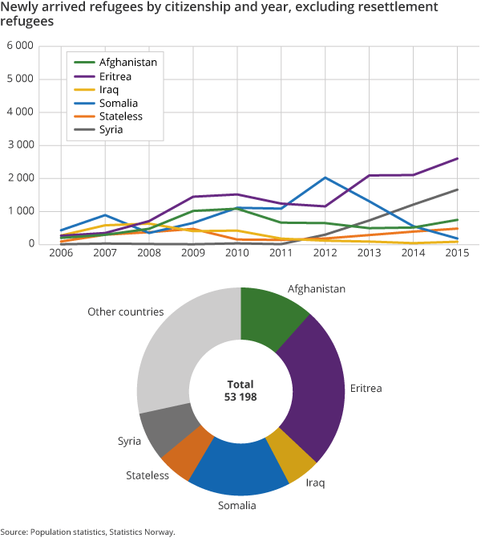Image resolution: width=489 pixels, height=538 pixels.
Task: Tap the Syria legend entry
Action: pyautogui.click(x=112, y=129)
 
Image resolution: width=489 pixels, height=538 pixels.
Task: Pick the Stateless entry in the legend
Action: pyautogui.click(x=120, y=116)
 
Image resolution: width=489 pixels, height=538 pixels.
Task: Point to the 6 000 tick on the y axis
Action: pyautogui.click(x=19, y=47)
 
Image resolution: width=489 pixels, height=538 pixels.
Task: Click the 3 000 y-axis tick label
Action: pyautogui.click(x=19, y=145)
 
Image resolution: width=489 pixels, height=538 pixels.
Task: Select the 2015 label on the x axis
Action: pyautogui.click(x=458, y=255)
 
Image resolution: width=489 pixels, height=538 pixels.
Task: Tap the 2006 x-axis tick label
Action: pyautogui.click(x=61, y=255)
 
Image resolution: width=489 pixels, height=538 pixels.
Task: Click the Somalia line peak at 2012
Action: pyautogui.click(x=325, y=177)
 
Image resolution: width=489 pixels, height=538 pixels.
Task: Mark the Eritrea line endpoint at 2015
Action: pyautogui.click(x=457, y=158)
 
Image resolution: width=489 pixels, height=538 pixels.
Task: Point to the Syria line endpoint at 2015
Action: pyautogui.click(x=457, y=190)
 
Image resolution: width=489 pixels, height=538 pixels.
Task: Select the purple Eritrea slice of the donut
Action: pyautogui.click(x=315, y=385)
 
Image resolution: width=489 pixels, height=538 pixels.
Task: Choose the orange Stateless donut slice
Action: pyautogui.click(x=187, y=454)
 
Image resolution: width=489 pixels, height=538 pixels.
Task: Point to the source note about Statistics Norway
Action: pyautogui.click(x=87, y=531)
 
